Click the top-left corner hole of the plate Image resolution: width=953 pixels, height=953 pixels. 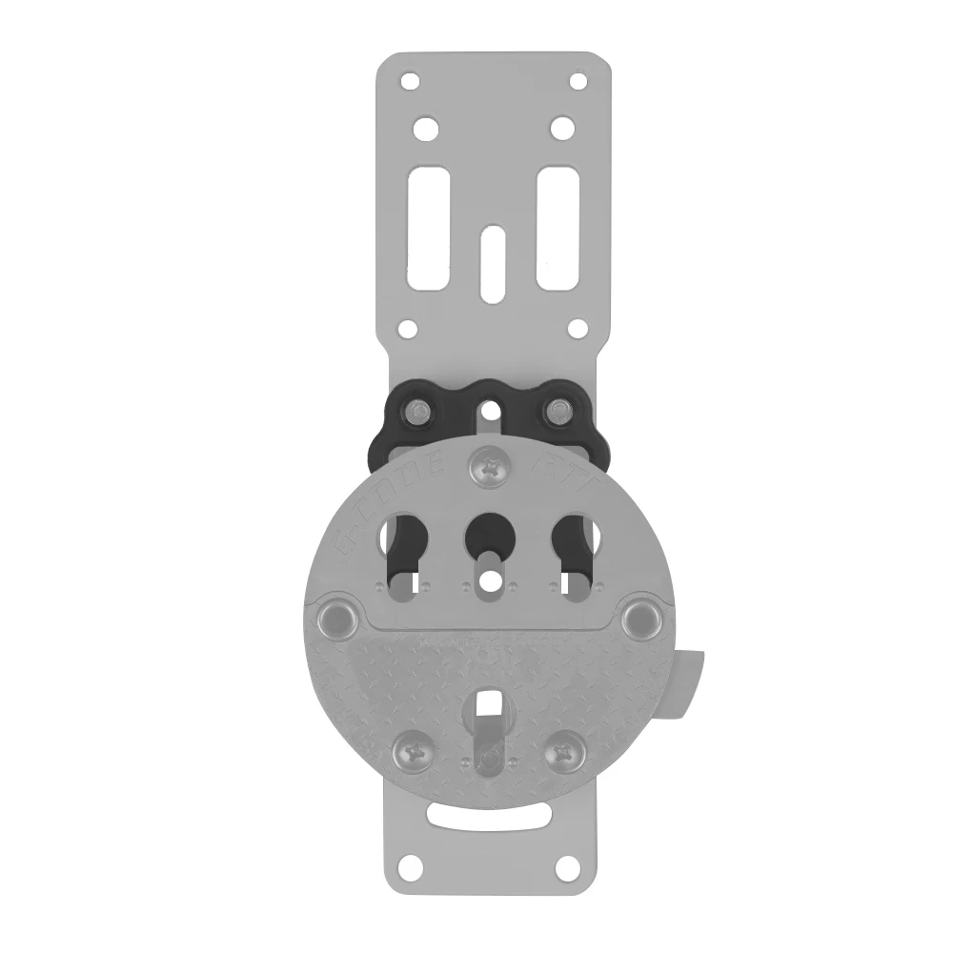click(410, 81)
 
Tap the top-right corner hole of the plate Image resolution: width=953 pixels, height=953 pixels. click(578, 81)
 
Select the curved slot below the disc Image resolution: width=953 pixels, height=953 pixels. click(491, 817)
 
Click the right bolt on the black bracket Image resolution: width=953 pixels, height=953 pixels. click(558, 412)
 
